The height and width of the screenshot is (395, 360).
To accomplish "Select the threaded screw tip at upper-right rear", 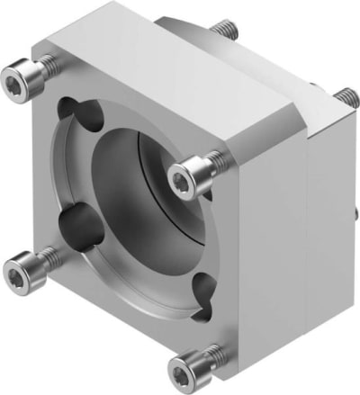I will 345,95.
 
